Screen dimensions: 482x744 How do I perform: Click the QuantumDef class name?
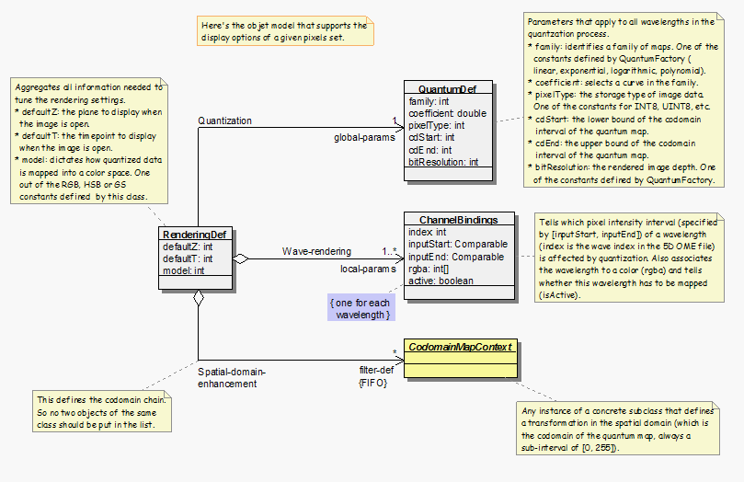(x=447, y=88)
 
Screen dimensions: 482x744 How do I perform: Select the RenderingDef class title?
(x=196, y=235)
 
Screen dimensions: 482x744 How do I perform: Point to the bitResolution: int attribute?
(x=444, y=162)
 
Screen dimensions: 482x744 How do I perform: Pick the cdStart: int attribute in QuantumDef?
(x=431, y=137)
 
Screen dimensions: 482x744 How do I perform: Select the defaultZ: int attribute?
(x=188, y=247)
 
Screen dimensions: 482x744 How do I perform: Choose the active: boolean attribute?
(x=441, y=281)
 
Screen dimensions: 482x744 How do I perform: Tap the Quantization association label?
(x=224, y=120)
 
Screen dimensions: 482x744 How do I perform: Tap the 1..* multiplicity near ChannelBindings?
(x=391, y=250)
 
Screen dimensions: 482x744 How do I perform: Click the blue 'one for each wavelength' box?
(x=361, y=307)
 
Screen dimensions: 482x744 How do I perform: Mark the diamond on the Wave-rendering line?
(x=240, y=259)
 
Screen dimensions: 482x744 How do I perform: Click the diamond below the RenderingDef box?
(x=198, y=298)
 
